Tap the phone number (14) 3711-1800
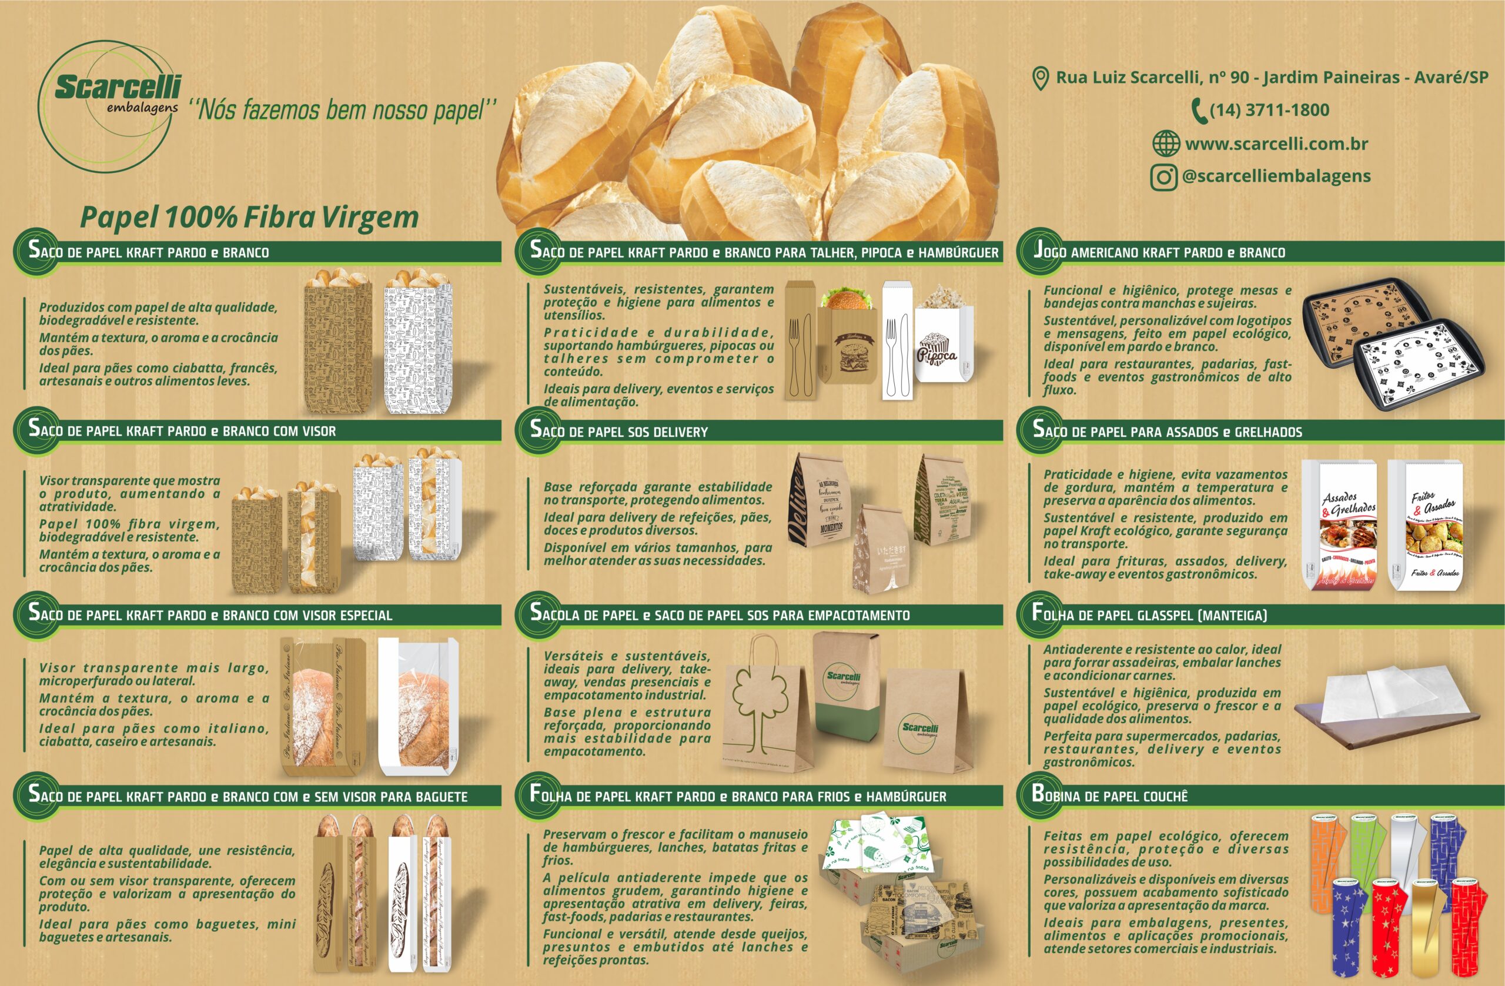1269,110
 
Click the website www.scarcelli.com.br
1276,143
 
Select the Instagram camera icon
1163,176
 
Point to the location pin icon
1039,78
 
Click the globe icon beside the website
1166,143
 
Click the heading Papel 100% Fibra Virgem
249,218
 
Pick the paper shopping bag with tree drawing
767,704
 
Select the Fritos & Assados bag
1427,526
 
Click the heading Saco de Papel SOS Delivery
619,432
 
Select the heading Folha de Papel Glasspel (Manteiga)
1149,614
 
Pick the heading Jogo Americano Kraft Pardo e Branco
1159,252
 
